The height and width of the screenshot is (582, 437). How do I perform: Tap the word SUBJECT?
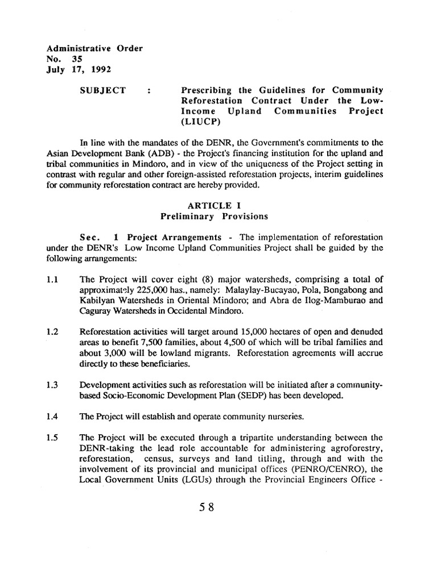(x=103, y=90)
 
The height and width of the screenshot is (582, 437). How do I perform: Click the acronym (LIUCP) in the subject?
(x=199, y=121)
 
